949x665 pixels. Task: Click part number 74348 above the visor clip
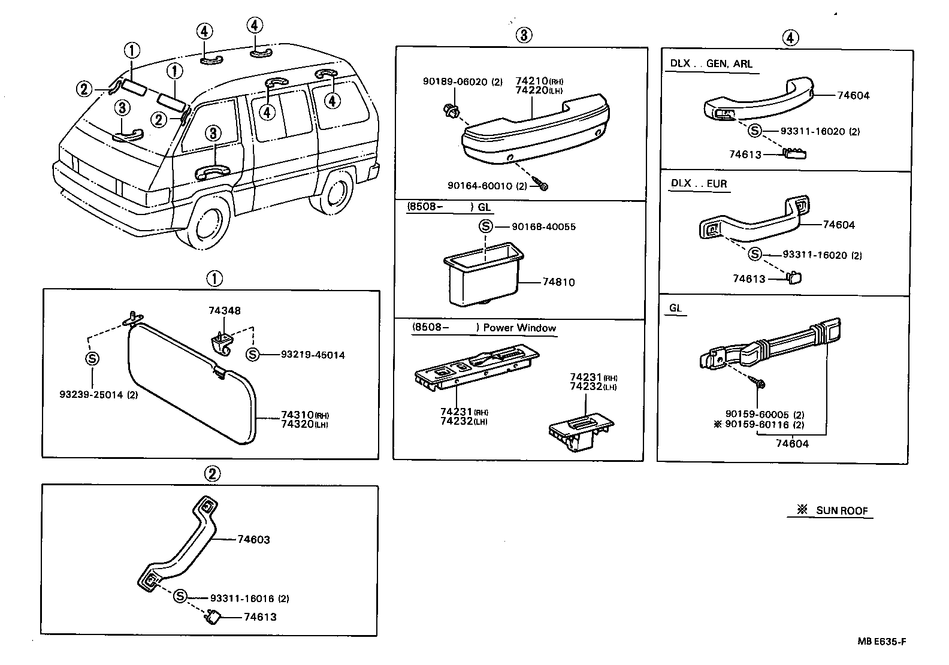coord(225,310)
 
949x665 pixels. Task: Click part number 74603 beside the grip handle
coord(253,539)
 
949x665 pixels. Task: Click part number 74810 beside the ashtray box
coord(558,282)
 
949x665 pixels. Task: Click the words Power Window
coord(519,328)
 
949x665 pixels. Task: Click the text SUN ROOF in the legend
coord(841,511)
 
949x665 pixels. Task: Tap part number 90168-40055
coord(543,227)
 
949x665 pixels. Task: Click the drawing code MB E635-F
coord(881,642)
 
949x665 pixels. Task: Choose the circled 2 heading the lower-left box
coord(213,474)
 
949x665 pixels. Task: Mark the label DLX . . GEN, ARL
coord(711,64)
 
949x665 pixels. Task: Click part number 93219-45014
coord(313,355)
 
